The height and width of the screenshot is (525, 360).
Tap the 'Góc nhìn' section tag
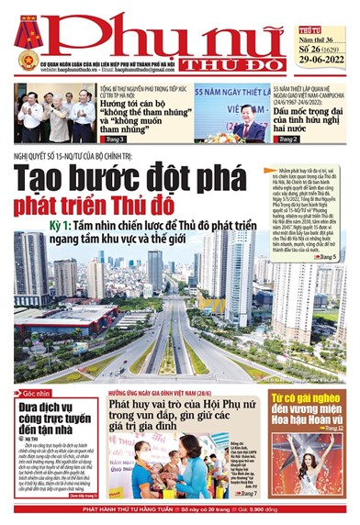tap(32, 393)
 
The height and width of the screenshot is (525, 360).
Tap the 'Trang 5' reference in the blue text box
tap(327, 260)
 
